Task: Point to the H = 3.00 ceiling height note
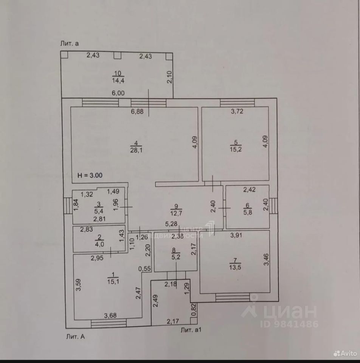coord(90,175)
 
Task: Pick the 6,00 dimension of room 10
coord(118,93)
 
